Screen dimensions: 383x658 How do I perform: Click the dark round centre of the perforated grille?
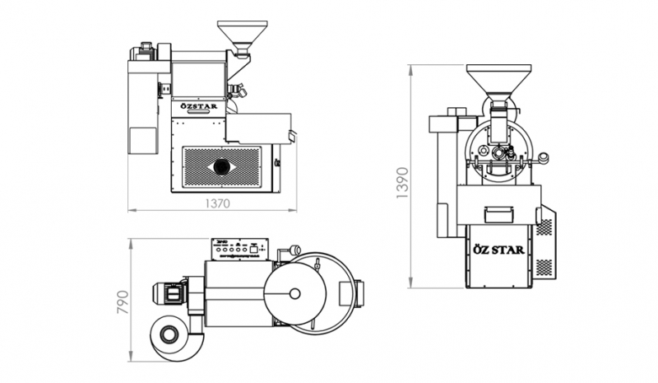tap(222, 166)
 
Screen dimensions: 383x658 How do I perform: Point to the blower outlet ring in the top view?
tap(171, 334)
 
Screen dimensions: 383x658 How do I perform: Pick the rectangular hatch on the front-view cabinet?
tap(498, 214)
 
